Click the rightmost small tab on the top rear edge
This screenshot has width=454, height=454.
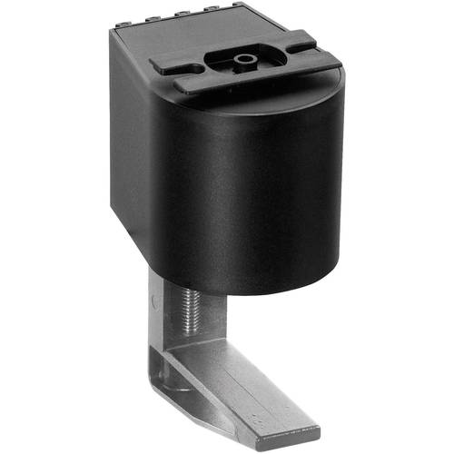click(237, 6)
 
